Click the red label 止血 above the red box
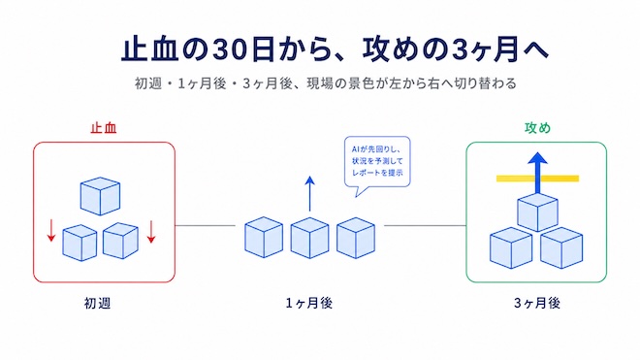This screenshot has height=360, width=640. click(104, 127)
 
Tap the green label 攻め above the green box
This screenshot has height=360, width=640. click(537, 127)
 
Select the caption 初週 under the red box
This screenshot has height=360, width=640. click(97, 303)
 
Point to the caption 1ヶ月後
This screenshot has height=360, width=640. click(309, 303)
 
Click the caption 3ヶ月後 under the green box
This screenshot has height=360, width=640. click(537, 303)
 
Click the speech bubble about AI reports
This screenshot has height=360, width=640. click(377, 162)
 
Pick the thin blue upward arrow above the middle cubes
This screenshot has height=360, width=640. click(309, 194)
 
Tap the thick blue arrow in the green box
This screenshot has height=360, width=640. click(537, 173)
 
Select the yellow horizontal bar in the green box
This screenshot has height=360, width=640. click(537, 179)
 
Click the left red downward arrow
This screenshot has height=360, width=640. click(51, 231)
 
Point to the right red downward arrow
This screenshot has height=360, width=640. click(151, 231)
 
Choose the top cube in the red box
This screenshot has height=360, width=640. click(100, 196)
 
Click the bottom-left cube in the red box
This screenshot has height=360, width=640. click(80, 243)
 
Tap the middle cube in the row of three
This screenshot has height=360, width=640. click(309, 238)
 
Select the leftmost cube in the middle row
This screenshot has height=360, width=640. click(264, 238)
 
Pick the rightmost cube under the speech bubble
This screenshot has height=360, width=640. click(356, 238)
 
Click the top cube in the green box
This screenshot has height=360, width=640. click(537, 213)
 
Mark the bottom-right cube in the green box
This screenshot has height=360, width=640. click(561, 248)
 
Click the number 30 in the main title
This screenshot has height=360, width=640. click(231, 49)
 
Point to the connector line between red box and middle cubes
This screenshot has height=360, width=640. click(206, 225)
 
